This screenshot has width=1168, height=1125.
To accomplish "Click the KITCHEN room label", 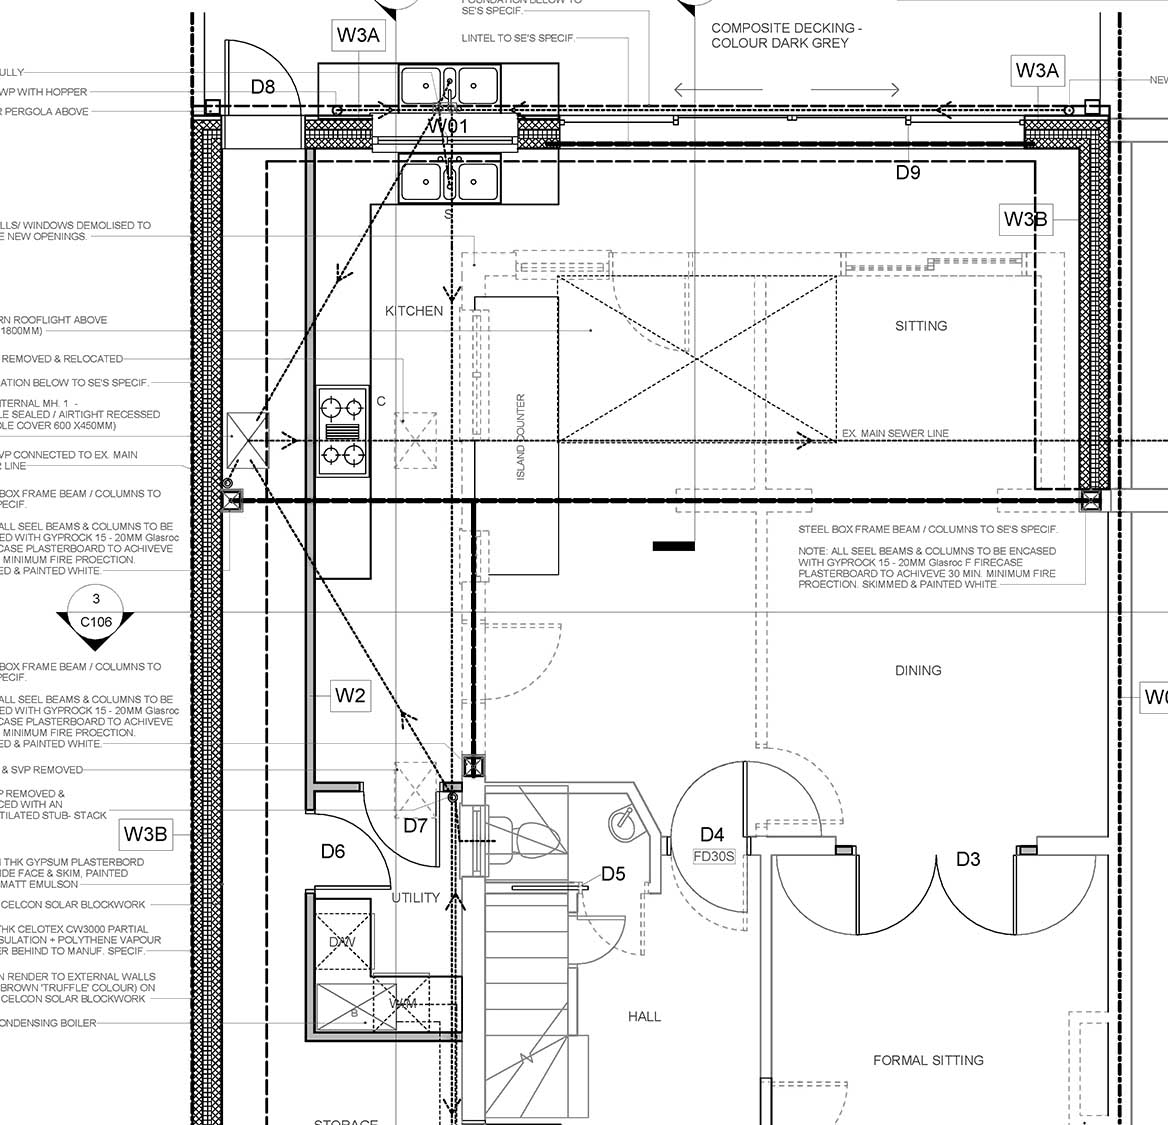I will tap(414, 311).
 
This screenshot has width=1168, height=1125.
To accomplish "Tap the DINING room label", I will tap(918, 670).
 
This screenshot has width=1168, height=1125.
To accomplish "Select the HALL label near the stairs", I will tap(644, 1016).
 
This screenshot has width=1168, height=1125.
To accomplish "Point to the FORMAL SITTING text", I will tap(928, 1060).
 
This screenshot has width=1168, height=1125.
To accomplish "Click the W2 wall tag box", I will tap(350, 696).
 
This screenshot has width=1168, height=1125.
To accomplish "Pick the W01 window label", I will tap(448, 127).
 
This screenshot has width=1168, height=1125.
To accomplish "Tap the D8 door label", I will tap(263, 87).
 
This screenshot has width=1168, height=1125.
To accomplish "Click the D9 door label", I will tap(908, 172).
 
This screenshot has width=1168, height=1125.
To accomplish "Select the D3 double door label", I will tap(968, 859).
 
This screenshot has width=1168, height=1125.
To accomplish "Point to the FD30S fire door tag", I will tap(713, 856).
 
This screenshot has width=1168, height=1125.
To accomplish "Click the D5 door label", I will tap(613, 874).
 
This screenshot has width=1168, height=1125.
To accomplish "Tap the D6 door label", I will tap(333, 851).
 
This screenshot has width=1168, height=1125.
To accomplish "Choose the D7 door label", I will tap(415, 826).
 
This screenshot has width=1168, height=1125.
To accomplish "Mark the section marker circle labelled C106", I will tap(96, 612).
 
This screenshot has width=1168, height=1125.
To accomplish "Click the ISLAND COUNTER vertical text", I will tap(521, 436).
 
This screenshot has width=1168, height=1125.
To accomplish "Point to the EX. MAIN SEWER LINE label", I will tap(895, 433).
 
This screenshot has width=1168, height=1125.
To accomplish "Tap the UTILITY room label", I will tap(415, 897).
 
